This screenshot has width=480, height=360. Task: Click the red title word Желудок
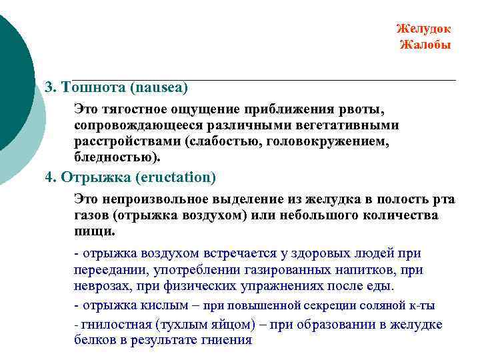point(423,29)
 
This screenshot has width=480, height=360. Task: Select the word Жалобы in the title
point(425,45)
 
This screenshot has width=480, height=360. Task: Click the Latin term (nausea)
point(159,87)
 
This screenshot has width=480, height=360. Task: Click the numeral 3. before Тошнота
point(51,87)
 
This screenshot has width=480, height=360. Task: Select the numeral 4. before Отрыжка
point(51,177)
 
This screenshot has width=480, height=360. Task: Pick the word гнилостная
point(117,325)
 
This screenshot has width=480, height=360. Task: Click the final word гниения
point(226,340)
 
